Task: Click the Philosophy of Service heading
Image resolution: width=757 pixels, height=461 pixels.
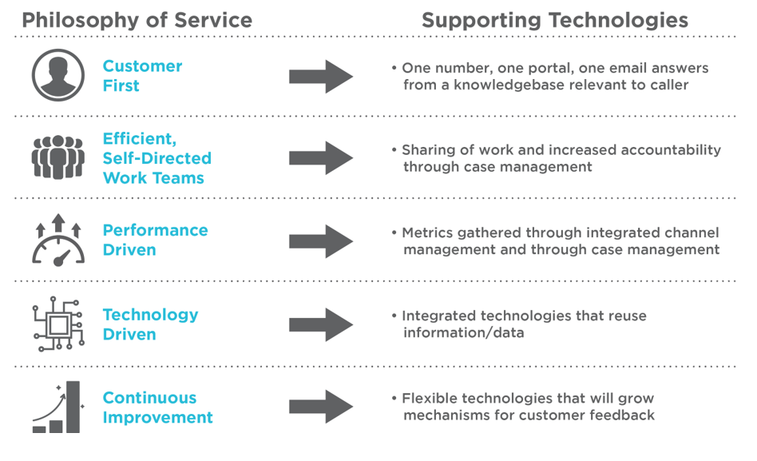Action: (x=137, y=20)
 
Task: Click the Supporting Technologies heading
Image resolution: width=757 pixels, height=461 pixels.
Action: (x=555, y=20)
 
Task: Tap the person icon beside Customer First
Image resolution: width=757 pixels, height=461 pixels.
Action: (x=57, y=75)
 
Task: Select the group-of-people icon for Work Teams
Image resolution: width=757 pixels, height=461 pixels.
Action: (x=57, y=157)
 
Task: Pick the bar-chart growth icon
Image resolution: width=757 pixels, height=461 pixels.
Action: (x=57, y=407)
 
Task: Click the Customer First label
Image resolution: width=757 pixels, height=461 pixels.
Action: (x=142, y=75)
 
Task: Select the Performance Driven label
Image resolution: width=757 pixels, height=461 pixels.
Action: (x=155, y=240)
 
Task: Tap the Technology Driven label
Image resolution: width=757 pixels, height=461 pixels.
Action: (x=150, y=324)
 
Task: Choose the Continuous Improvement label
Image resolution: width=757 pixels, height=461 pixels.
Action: (x=157, y=407)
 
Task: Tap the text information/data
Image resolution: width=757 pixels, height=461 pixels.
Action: (x=463, y=332)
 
